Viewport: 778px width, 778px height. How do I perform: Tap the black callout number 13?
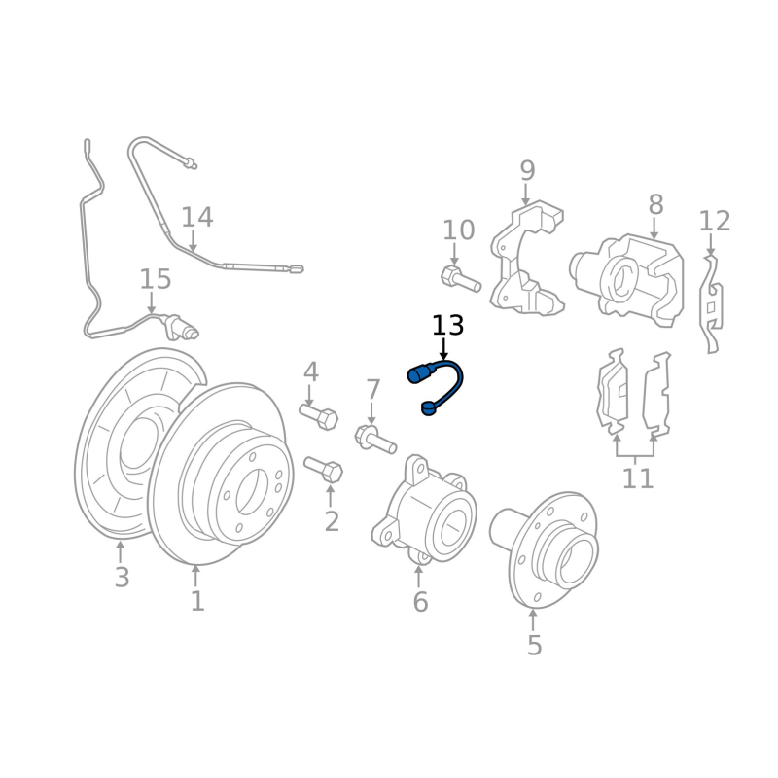tap(447, 326)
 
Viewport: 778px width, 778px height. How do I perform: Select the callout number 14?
tap(197, 217)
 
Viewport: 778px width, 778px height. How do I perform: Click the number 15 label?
tap(156, 279)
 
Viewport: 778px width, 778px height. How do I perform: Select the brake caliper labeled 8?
tap(627, 280)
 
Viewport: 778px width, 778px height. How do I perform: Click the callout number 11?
tap(638, 478)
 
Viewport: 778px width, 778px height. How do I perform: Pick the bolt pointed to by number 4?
tap(319, 416)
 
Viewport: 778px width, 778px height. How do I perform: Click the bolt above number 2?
tap(324, 470)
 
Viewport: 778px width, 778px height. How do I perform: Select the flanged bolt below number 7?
tap(375, 439)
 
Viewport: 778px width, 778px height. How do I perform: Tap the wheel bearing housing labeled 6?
tap(424, 512)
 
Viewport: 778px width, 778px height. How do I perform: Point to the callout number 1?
tap(197, 601)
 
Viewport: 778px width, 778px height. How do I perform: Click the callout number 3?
tap(122, 578)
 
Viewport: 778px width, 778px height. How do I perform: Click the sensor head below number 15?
tap(181, 328)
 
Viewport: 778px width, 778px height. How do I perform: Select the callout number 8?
tap(655, 204)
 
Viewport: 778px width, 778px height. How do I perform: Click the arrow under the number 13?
tap(443, 349)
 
